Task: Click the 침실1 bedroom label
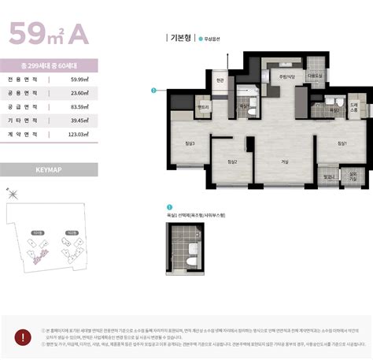tap(342, 143)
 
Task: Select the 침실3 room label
tap(190, 143)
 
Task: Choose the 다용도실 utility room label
tap(316, 76)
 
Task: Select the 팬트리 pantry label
tap(203, 107)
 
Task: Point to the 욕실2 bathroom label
tap(334, 110)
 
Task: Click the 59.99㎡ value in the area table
tap(79, 79)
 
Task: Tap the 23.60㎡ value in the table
tap(79, 93)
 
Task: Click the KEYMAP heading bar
tap(49, 169)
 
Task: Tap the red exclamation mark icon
tap(25, 336)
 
